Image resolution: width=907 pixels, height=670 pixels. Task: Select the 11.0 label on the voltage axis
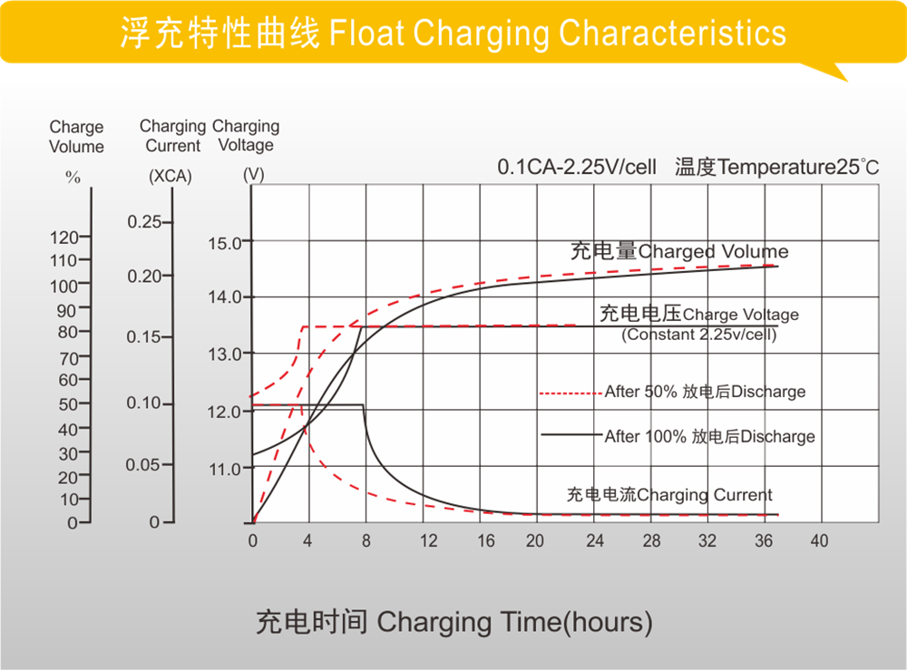point(224,469)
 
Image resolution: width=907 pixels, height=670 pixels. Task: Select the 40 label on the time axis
point(819,541)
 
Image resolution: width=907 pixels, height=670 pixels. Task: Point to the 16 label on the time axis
point(486,541)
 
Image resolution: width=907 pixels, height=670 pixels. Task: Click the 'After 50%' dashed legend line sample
point(571,393)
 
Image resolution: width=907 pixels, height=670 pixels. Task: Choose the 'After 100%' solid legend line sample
point(571,435)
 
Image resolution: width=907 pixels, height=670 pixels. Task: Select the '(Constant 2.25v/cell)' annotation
point(698,335)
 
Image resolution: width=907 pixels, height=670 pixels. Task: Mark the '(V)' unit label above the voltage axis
point(253,176)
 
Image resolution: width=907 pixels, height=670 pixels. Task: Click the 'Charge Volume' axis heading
point(76,137)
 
